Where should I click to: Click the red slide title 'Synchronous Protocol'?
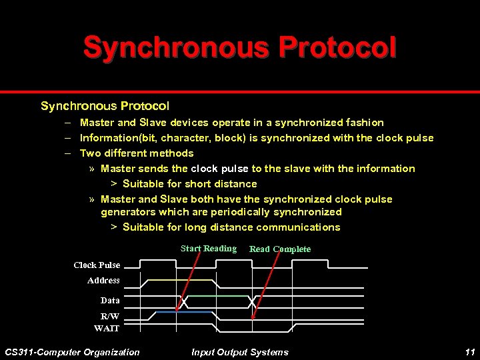tap(239, 47)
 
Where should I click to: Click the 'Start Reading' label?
tap(208, 249)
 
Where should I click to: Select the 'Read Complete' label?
tap(279, 249)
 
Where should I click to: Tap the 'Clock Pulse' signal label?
tap(97, 265)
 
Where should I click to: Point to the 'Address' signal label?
tap(103, 281)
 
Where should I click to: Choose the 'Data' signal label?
tap(110, 301)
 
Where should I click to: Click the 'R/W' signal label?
tap(110, 316)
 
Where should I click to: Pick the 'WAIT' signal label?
tap(107, 328)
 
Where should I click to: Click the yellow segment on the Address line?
tap(180, 280)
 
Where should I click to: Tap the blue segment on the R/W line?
tap(183, 311)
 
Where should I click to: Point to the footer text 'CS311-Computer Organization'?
tap(72, 352)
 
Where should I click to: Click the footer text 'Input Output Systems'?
tap(239, 352)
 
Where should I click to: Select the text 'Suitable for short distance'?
tap(189, 184)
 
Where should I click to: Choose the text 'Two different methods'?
tap(137, 153)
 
